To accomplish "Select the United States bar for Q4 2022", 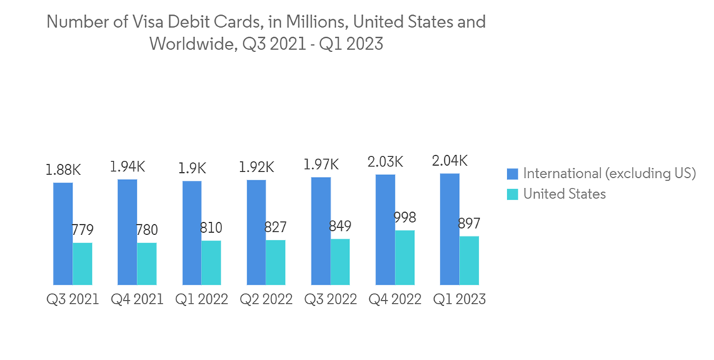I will (405, 258).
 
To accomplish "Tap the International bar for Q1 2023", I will (450, 229).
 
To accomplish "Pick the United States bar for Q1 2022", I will (211, 263).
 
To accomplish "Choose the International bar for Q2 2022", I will (256, 233).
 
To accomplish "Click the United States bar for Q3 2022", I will (340, 262).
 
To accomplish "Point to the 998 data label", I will (405, 218).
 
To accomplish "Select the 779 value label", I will (82, 230).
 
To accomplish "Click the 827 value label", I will (276, 228).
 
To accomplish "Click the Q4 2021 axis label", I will (137, 299).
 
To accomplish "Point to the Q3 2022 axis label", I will (330, 299).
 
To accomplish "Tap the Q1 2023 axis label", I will (459, 299).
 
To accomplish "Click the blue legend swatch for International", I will (512, 174).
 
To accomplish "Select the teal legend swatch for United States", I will (512, 194).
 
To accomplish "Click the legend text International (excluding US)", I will (609, 174).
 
